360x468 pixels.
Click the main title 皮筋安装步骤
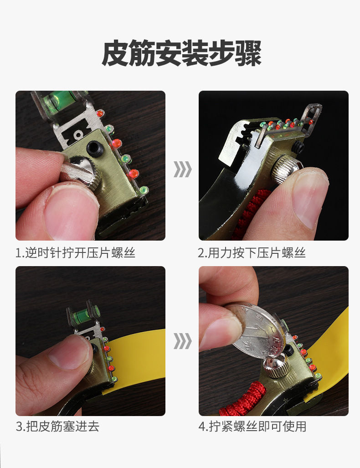tap(181, 54)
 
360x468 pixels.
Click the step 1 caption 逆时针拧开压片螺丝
tap(80, 253)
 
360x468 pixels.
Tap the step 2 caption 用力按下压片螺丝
tap(257, 253)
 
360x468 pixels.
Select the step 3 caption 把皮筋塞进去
tap(62, 426)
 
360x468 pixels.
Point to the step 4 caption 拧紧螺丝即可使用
tap(257, 426)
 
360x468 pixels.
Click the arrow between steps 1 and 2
tap(182, 169)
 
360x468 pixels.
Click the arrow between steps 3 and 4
tap(182, 341)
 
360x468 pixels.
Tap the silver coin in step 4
tap(258, 331)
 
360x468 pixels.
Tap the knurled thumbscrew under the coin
tap(276, 367)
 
